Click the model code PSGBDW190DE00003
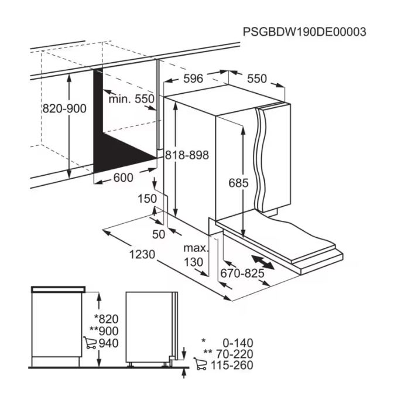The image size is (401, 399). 304,32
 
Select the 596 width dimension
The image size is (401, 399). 193,79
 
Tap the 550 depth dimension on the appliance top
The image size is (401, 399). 257,79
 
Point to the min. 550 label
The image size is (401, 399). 132,99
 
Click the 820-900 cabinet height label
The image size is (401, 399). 64,108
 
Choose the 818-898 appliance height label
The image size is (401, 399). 187,155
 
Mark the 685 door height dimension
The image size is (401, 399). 238,183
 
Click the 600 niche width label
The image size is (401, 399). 124,178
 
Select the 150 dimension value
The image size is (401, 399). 148,199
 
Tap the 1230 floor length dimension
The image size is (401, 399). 142,254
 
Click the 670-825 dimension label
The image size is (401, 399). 242,274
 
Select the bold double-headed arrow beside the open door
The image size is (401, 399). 263,262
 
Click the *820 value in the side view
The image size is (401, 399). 107,319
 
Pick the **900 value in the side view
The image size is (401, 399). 104,331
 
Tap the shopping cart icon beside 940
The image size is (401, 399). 90,343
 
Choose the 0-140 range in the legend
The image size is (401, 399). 238,343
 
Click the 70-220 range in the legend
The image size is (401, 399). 235,354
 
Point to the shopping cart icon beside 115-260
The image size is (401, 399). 200,364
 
